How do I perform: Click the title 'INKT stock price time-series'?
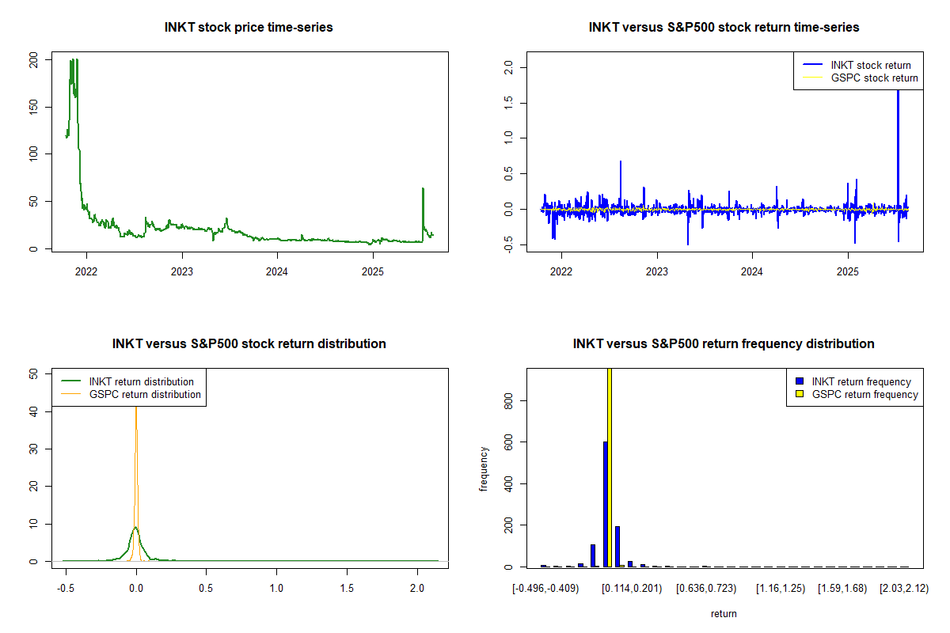(x=249, y=27)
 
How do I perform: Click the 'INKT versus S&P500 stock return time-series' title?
(x=724, y=27)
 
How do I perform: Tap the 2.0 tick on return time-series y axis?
(x=508, y=68)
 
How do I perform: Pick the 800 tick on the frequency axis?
(x=508, y=401)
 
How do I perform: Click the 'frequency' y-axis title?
(x=484, y=468)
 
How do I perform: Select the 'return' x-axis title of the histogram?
(x=724, y=613)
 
